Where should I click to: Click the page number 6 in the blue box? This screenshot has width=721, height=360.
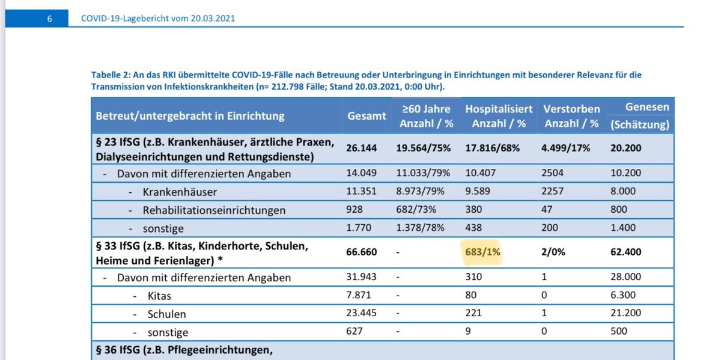coord(49,19)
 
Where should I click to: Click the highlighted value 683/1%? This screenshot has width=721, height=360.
coord(483,252)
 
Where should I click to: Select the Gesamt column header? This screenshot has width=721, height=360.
coord(367,116)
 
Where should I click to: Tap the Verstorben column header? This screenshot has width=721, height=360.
coord(571,109)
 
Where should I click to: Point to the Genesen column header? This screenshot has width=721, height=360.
coord(646,107)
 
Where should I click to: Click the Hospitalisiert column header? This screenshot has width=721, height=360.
coord(499,109)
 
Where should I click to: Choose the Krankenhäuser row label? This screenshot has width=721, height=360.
coord(180,192)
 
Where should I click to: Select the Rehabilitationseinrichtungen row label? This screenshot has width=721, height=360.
coord(214,210)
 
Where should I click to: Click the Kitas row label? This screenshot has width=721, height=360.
coord(159,296)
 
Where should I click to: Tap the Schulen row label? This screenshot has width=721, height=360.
coord(166,314)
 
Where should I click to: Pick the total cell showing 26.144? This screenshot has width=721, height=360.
coord(362,148)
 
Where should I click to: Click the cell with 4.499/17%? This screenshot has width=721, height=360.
coord(567,148)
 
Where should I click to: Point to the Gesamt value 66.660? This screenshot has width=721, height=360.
coord(362,252)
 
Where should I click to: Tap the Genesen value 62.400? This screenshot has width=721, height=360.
coord(625,252)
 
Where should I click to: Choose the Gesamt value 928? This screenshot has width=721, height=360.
coord(356,210)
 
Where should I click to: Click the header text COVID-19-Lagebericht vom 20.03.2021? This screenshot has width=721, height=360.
coord(158,19)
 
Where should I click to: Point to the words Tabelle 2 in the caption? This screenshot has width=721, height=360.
coord(111,75)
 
